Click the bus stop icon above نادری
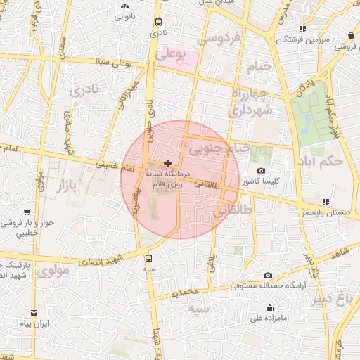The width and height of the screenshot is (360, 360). (x=158, y=22)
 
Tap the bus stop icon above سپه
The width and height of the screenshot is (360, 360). (x=148, y=257)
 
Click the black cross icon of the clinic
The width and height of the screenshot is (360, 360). (x=167, y=163)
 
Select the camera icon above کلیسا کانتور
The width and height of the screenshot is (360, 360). (x=262, y=170)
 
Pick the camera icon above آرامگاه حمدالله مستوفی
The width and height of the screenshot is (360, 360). (x=268, y=275)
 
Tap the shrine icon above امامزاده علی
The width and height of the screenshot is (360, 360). (x=270, y=307)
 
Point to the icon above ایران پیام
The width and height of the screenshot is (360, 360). (x=33, y=314)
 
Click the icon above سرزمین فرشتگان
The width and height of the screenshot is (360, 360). (x=302, y=29)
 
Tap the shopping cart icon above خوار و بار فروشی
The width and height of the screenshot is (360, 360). (x=27, y=212)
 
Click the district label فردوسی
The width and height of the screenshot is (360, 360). (x=220, y=37)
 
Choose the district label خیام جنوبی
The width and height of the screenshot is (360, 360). (x=219, y=148)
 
